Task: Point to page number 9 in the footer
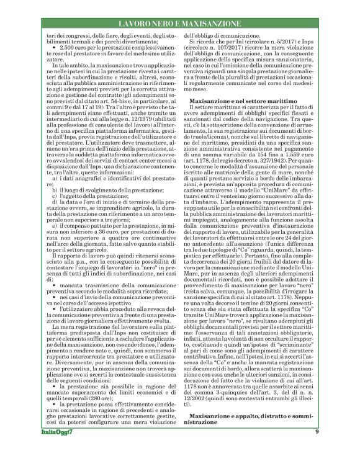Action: coord(317,449)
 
